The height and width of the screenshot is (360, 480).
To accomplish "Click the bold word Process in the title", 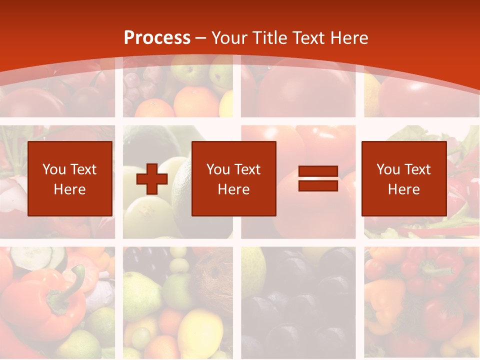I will pyautogui.click(x=157, y=38).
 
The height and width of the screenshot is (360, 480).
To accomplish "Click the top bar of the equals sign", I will pyautogui.click(x=318, y=172).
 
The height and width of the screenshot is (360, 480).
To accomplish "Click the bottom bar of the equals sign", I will pyautogui.click(x=318, y=185).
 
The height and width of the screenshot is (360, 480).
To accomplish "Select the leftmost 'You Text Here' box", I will pyautogui.click(x=70, y=178).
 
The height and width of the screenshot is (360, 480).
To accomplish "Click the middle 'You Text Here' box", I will pyautogui.click(x=233, y=178).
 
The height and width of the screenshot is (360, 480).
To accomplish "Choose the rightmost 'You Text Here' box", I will pyautogui.click(x=403, y=178).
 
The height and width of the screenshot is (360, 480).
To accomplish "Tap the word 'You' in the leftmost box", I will pyautogui.click(x=54, y=169).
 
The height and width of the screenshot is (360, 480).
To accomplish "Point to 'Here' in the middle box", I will pyautogui.click(x=233, y=189).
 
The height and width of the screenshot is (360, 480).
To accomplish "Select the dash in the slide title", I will pyautogui.click(x=201, y=38).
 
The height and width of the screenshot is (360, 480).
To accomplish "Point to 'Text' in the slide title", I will pyautogui.click(x=307, y=38).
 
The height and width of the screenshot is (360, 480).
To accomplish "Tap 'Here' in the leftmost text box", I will pyautogui.click(x=70, y=189).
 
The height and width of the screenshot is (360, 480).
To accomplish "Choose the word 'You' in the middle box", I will pyautogui.click(x=218, y=169).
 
